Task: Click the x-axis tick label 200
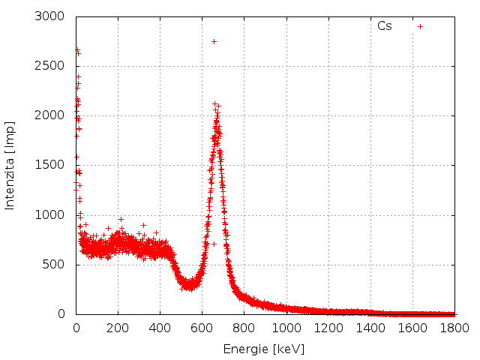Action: [118, 328]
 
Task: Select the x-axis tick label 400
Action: [160, 328]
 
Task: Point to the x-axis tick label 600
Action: [202, 328]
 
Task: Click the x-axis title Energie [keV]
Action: [264, 349]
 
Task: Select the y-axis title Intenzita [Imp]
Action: [10, 165]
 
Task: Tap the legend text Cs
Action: [384, 26]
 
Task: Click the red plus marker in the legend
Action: [420, 26]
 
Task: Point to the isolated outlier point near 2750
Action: [214, 41]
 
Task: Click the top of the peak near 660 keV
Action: [214, 104]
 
